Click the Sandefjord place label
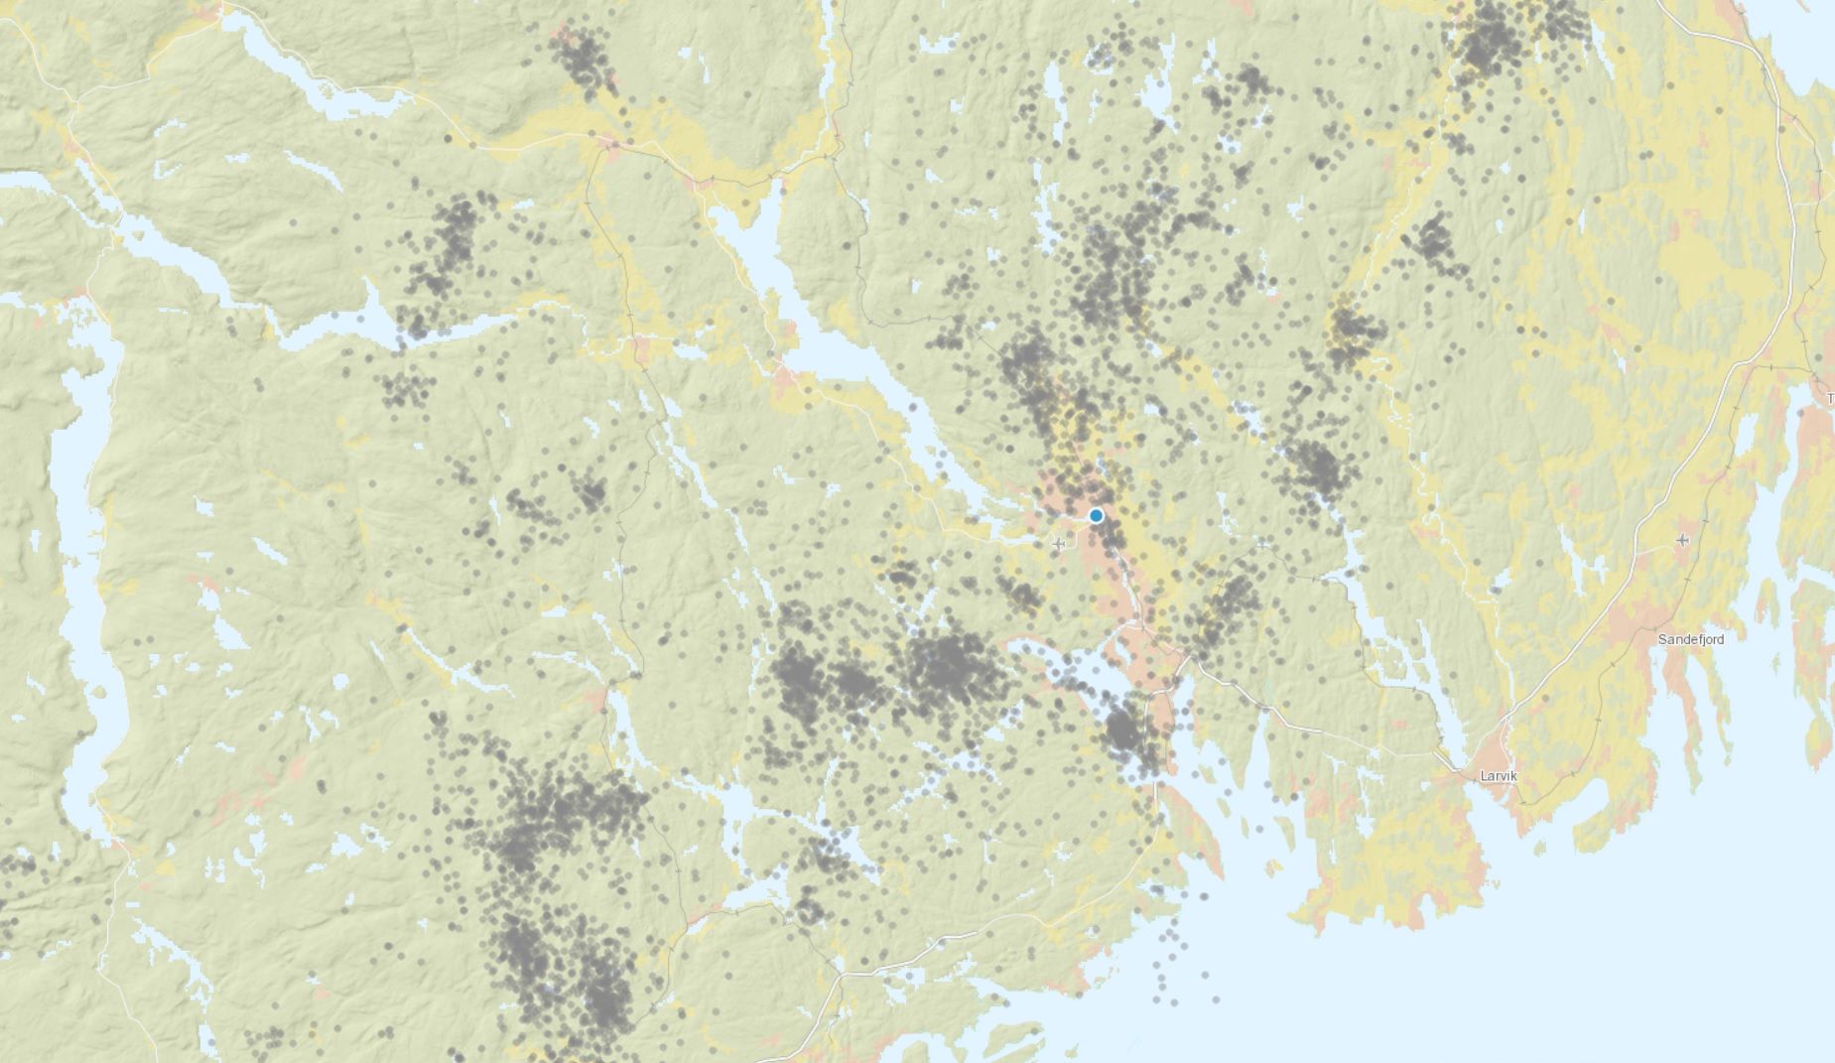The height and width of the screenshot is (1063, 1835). pos(1690,639)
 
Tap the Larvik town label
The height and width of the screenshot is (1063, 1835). pos(1498,776)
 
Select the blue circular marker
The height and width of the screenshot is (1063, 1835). pos(1096,515)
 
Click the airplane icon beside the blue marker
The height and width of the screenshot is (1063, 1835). pos(1059,543)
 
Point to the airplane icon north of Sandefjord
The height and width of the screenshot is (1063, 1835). pos(1682,539)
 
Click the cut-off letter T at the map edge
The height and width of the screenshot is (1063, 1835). pos(1829,398)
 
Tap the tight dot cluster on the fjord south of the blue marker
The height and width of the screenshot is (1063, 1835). pos(1122,730)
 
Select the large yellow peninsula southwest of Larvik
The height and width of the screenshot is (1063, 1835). pos(1389,854)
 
